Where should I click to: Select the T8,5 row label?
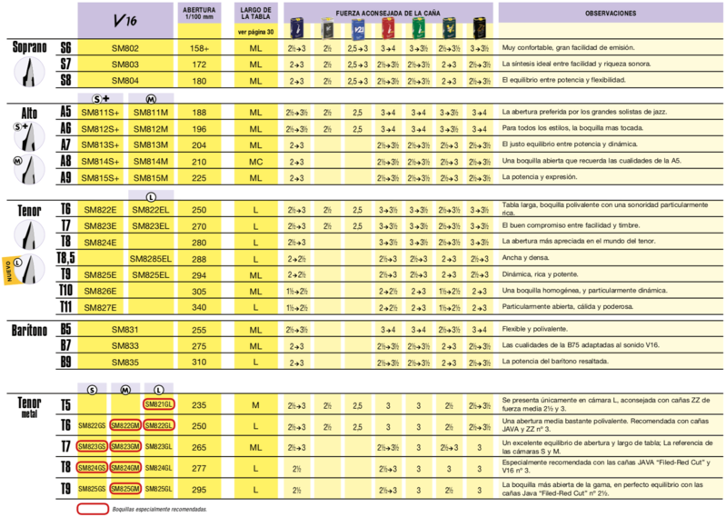(66, 259)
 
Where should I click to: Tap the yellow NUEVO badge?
(9, 273)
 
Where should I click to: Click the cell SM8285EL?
(151, 259)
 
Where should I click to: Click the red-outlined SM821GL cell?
(158, 404)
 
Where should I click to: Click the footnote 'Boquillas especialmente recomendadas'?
(158, 509)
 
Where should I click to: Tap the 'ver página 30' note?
(255, 31)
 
